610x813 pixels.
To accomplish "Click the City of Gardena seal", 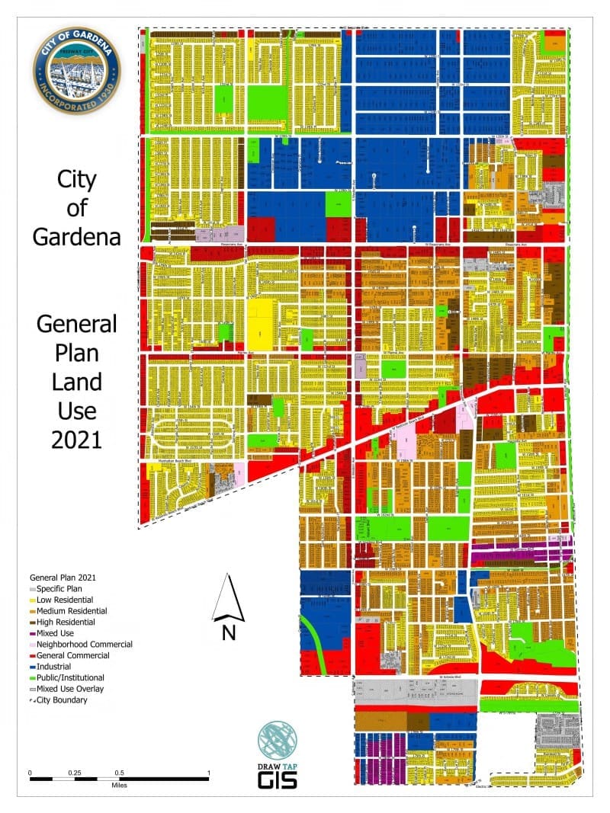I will click(x=76, y=69).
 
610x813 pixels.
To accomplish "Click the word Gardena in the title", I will click(x=76, y=236).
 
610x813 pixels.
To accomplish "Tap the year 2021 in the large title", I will click(x=76, y=440).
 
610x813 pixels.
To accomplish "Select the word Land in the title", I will click(x=76, y=382).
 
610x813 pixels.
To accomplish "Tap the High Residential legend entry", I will click(x=66, y=622).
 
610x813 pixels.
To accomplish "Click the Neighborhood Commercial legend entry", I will click(x=82, y=645).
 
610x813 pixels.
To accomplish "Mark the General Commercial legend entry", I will click(x=72, y=655).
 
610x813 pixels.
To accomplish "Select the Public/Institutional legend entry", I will click(x=69, y=677).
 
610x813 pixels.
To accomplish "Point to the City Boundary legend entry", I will click(x=60, y=699).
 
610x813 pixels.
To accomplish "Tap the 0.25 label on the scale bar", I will click(x=75, y=773).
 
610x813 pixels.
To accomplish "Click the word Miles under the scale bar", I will click(x=119, y=784).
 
